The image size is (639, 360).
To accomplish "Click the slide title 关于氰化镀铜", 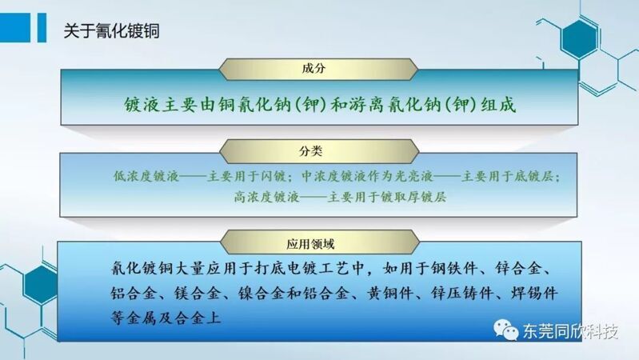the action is [x=111, y=31].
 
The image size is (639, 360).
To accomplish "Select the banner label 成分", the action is [x=314, y=68].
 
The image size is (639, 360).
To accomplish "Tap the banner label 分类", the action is [x=310, y=151].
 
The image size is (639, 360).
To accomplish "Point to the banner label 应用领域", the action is [x=310, y=244].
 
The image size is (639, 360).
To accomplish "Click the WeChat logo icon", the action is [x=505, y=329].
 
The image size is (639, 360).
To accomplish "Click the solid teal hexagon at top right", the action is [x=579, y=38].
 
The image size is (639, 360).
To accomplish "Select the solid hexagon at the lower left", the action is [x=40, y=285].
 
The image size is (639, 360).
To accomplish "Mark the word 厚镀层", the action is [x=426, y=198].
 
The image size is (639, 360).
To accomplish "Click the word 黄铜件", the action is [x=389, y=294].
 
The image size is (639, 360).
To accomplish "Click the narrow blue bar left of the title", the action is [x=42, y=27].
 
